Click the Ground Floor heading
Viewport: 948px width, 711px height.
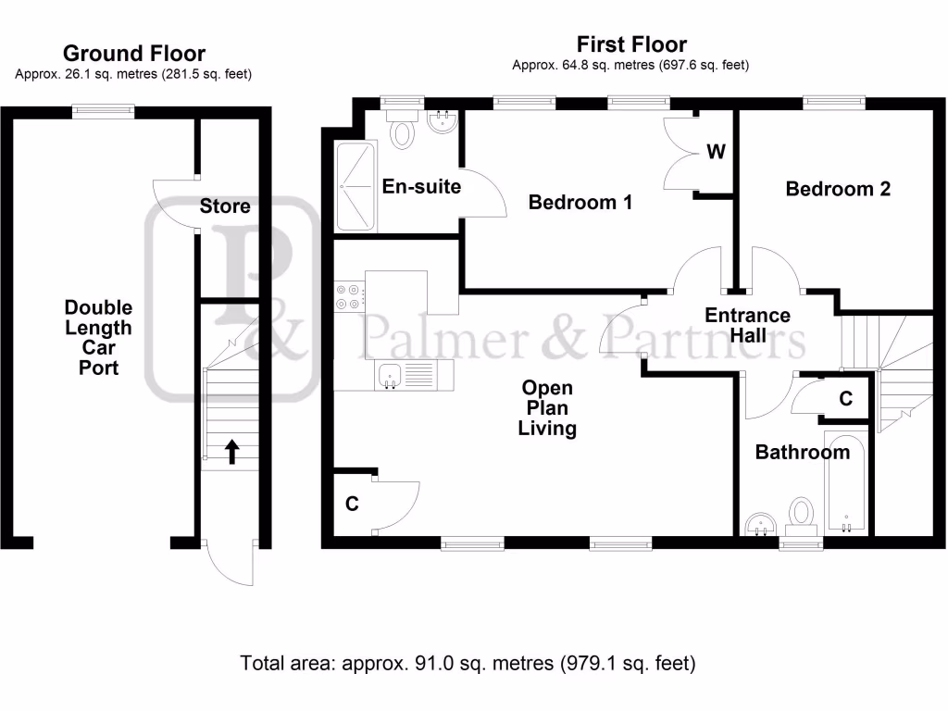point(133,54)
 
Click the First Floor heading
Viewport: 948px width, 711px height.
point(631,44)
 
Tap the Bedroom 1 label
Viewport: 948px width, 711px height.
point(580,202)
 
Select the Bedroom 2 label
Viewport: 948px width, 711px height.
point(838,189)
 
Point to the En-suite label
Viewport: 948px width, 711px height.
point(421,187)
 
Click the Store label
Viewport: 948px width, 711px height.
point(225,206)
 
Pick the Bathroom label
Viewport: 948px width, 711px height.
point(802,452)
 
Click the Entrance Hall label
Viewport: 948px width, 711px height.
point(747,325)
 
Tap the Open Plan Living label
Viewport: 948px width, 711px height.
point(547,407)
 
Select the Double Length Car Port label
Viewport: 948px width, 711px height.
point(98,337)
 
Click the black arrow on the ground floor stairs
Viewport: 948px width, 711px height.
point(231,451)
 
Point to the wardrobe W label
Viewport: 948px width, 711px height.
point(716,152)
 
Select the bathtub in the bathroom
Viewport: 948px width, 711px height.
point(846,482)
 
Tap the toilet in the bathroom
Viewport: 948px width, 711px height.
point(801,516)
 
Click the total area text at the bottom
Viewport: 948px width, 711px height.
point(468,663)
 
